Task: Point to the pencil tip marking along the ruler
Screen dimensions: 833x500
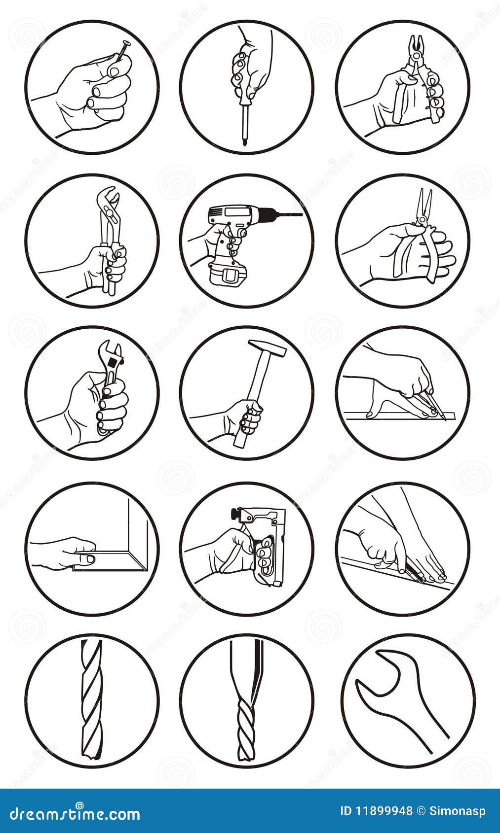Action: (x=444, y=419)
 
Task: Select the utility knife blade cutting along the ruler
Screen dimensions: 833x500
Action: (x=417, y=576)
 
